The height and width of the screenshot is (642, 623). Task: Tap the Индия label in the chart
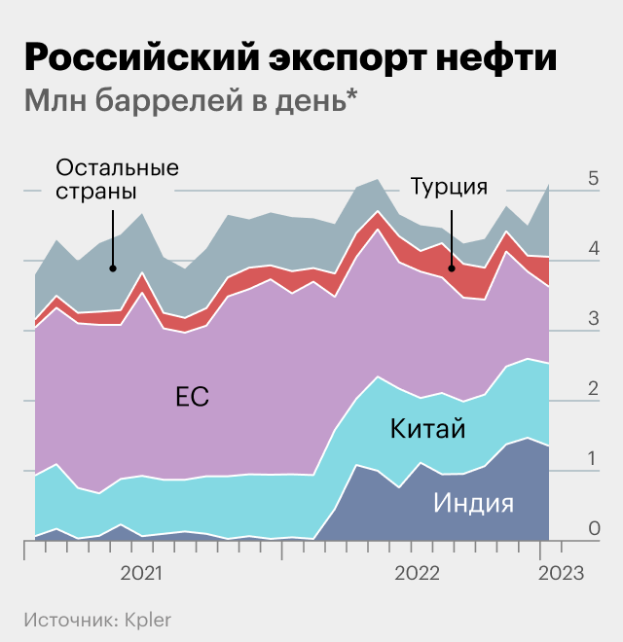click(x=474, y=502)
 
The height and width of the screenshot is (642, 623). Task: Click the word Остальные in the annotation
click(x=118, y=166)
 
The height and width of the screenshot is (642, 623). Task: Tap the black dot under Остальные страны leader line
click(x=114, y=268)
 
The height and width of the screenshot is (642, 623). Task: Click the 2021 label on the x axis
click(x=142, y=574)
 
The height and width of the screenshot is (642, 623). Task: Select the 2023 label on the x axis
click(x=560, y=574)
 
